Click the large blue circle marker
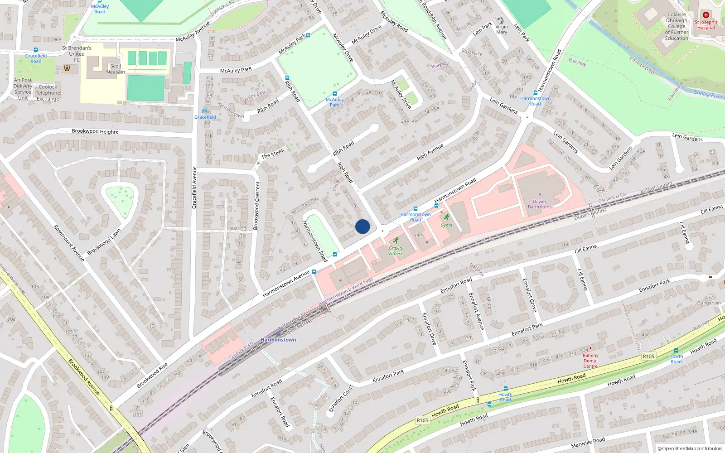click(362, 226)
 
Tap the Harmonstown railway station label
click(278, 339)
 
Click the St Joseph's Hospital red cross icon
click(706, 15)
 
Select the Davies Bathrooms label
click(540, 204)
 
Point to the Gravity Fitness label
click(396, 251)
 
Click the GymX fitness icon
click(447, 217)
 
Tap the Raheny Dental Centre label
click(590, 361)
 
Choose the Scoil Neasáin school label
click(116, 69)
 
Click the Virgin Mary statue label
click(502, 29)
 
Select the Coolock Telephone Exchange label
click(48, 93)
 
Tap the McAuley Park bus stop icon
click(334, 94)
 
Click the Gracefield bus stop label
click(205, 117)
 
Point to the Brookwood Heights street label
click(95, 131)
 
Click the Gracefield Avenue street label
click(194, 188)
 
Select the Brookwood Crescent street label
click(257, 205)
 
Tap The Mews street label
click(272, 154)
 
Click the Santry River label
click(709, 94)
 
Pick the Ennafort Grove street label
click(529, 295)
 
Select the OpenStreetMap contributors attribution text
click(690, 448)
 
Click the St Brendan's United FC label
click(77, 53)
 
